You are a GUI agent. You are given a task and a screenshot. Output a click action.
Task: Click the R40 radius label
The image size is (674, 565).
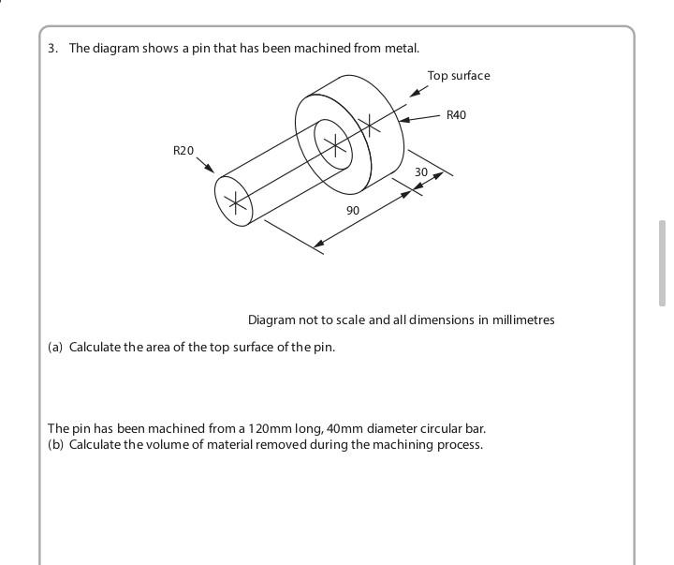[456, 115]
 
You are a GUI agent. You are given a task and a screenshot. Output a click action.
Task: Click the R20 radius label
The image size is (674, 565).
[183, 150]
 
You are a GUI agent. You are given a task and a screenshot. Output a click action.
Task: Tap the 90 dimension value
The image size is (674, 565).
[352, 211]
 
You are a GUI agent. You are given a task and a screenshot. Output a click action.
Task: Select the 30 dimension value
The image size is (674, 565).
[421, 172]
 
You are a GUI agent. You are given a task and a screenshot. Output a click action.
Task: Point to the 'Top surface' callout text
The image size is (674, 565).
[459, 76]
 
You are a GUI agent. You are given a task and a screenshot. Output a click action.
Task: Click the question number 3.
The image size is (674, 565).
[52, 48]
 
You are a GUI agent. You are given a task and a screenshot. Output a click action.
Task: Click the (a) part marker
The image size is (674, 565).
[56, 347]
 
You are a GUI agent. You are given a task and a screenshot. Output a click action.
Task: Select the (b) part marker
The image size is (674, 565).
[56, 444]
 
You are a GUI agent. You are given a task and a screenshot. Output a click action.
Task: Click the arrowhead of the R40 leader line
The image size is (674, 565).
[403, 120]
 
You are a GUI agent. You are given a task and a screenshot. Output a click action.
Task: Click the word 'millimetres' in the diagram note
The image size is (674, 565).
[522, 320]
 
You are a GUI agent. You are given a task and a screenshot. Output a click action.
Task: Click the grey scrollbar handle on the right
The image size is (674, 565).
[663, 263]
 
